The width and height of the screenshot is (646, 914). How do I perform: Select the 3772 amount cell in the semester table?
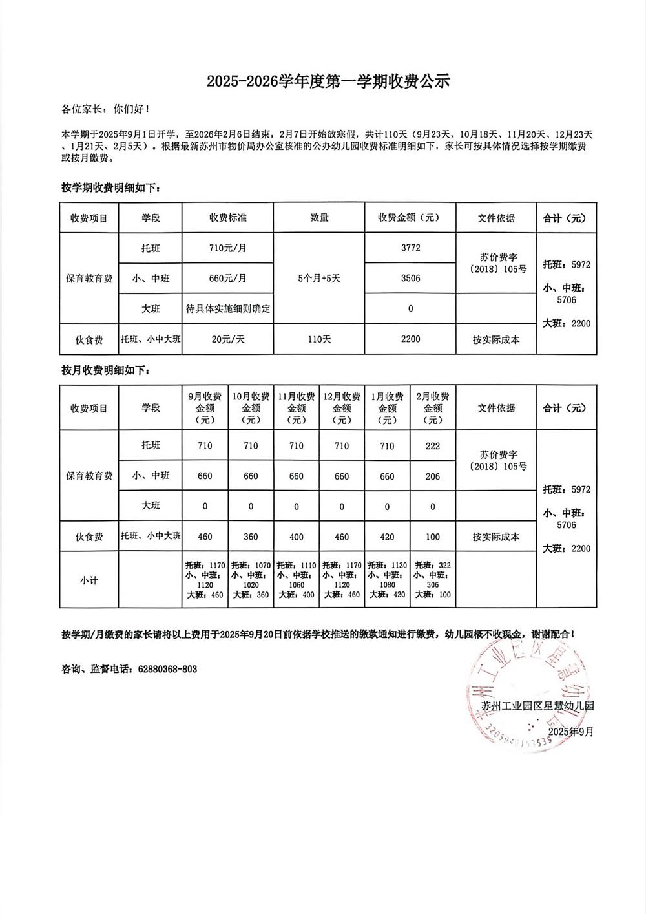click(410, 248)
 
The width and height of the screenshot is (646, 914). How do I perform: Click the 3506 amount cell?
click(410, 278)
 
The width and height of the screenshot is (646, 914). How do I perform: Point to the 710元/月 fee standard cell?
click(227, 248)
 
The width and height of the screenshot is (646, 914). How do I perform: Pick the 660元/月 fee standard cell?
click(227, 278)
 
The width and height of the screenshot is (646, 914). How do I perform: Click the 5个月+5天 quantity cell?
click(319, 278)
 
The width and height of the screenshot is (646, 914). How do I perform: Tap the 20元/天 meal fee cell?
click(227, 339)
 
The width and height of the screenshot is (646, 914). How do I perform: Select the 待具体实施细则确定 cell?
click(227, 308)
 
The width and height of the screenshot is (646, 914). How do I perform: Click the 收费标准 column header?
click(227, 218)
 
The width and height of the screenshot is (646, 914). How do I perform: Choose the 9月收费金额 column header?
click(205, 408)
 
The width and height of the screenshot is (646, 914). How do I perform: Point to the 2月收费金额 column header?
click(433, 408)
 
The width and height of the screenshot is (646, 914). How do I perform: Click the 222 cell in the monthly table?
click(433, 445)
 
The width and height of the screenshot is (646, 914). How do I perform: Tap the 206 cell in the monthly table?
click(433, 476)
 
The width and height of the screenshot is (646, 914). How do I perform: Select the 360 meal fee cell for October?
click(251, 537)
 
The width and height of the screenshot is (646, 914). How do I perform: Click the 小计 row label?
click(89, 580)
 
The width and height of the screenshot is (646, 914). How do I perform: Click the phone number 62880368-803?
click(167, 669)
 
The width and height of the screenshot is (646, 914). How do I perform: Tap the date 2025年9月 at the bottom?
click(570, 731)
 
